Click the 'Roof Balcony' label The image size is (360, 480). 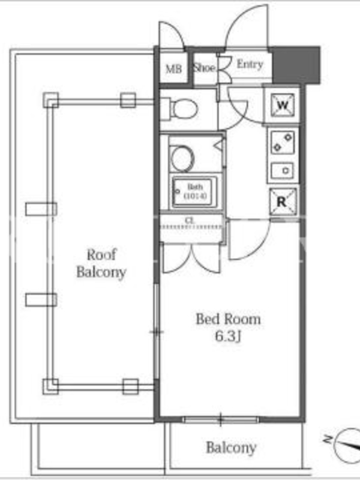[x=101, y=263]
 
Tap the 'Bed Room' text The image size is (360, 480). [x=228, y=318]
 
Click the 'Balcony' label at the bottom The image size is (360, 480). [x=231, y=447]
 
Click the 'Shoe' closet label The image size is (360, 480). [x=204, y=68]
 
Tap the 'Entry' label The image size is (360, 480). [x=250, y=64]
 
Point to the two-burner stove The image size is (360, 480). [x=283, y=142]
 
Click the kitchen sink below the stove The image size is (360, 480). [x=283, y=171]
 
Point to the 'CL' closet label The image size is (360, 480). [x=190, y=220]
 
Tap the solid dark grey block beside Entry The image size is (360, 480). [x=295, y=65]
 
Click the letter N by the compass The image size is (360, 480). [x=327, y=440]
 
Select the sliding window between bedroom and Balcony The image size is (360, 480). [x=220, y=419]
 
